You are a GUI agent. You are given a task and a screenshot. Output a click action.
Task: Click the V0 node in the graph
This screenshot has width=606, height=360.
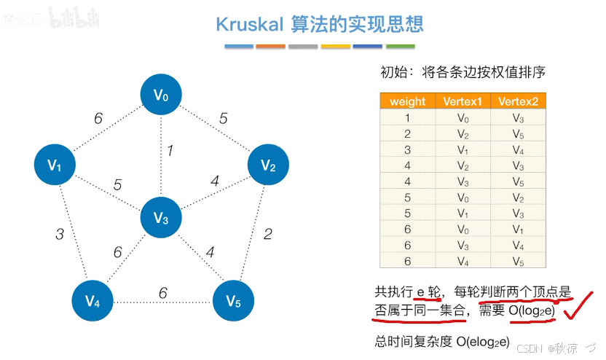click(161, 94)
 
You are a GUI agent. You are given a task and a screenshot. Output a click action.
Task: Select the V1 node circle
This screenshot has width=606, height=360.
click(55, 165)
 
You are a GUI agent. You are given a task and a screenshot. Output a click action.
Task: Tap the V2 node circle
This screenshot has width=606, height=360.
click(268, 166)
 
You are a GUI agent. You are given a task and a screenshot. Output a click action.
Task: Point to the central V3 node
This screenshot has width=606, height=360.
click(161, 218)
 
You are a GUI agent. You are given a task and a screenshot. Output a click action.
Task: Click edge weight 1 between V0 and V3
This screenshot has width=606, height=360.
click(170, 151)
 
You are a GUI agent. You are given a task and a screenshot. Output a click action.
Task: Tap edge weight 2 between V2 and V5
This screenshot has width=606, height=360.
click(267, 234)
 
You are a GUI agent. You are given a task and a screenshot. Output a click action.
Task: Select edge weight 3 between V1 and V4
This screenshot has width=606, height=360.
click(60, 234)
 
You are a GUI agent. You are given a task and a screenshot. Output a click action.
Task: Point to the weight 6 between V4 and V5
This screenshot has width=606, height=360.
click(163, 292)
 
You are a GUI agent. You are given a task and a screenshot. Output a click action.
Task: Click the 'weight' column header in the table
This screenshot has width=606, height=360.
click(407, 101)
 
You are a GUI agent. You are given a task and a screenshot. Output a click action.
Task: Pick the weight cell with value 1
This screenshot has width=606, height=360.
click(407, 117)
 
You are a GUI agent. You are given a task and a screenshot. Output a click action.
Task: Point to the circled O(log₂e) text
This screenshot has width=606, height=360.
click(532, 311)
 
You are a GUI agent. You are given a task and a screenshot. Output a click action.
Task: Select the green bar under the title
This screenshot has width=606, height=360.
click(400, 47)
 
